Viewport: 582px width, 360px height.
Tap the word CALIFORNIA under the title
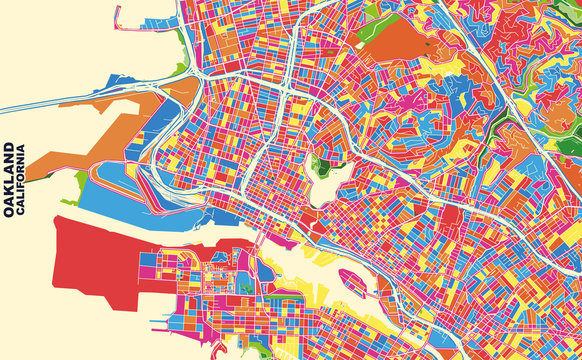[x=23, y=181]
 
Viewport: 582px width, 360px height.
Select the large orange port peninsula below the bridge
[x=90, y=140]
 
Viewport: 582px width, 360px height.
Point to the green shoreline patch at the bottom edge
[x=262, y=349]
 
